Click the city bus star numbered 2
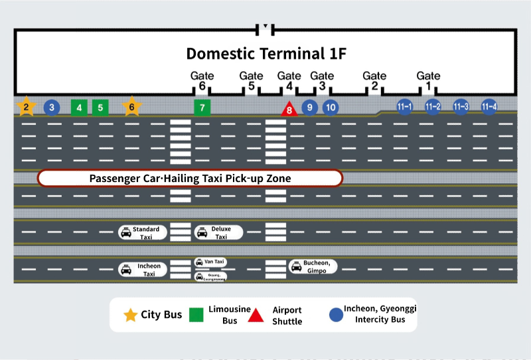[x=26, y=106]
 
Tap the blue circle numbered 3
[x=52, y=107]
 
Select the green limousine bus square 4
[x=79, y=107]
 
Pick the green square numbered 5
[x=100, y=107]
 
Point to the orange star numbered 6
[x=131, y=106]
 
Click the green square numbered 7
[x=202, y=106]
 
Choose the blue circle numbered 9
[x=309, y=107]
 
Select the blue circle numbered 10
[x=331, y=107]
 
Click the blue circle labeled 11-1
[x=404, y=107]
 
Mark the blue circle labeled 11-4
[x=489, y=107]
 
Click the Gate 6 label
[x=202, y=80]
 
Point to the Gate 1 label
[x=428, y=80]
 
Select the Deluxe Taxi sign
[x=218, y=232]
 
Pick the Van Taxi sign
[x=210, y=262]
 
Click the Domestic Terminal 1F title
[x=266, y=53]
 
